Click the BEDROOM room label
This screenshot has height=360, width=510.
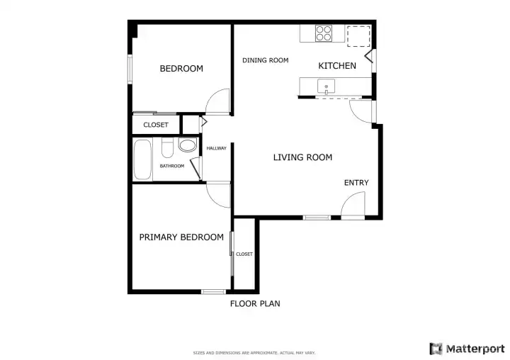(181, 68)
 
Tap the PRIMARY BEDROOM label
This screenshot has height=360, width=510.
(181, 237)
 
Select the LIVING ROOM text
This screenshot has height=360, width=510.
(303, 157)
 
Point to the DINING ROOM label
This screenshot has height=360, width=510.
(266, 60)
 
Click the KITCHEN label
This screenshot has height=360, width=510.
(337, 66)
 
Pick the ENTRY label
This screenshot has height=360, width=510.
(356, 183)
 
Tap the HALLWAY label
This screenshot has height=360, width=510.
(216, 148)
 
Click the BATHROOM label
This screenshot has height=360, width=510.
(172, 166)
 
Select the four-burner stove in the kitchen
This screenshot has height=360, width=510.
(324, 33)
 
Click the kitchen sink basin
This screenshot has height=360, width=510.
(326, 86)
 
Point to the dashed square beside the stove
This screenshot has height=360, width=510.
(358, 36)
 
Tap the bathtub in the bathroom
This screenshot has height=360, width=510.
(142, 159)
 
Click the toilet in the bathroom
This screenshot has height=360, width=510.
(167, 147)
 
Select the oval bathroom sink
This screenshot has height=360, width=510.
(188, 145)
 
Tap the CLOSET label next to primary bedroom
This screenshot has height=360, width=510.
(244, 254)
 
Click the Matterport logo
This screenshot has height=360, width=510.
(467, 349)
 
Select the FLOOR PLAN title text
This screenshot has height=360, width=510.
(255, 304)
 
